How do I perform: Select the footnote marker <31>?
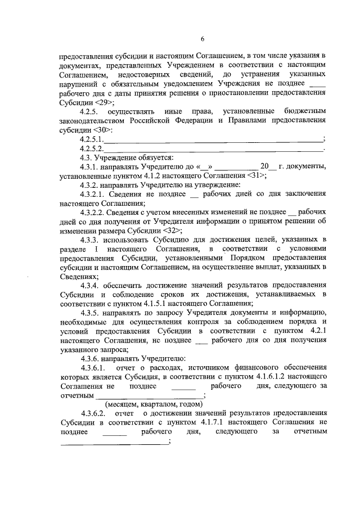point(256,175)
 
